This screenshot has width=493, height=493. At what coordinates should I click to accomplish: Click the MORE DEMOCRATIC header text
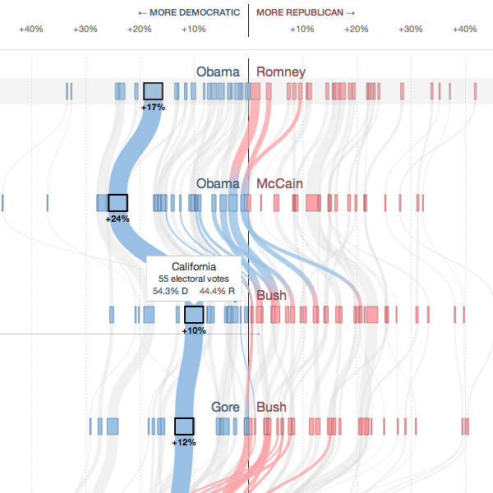click(x=189, y=12)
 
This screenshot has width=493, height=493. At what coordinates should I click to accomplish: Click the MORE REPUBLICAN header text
click(x=306, y=12)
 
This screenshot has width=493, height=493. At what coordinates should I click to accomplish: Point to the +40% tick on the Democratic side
click(x=31, y=30)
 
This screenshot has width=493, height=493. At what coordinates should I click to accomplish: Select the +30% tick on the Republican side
click(x=410, y=30)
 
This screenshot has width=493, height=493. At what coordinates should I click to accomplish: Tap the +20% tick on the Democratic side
click(x=139, y=30)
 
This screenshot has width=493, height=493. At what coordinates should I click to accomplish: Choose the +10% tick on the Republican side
click(x=302, y=30)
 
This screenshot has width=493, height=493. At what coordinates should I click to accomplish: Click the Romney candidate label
click(x=281, y=72)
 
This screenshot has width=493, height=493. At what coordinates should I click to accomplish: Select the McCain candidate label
click(x=281, y=183)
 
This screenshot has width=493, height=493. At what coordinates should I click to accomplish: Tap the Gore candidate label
click(x=226, y=407)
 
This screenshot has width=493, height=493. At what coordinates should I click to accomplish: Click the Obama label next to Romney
click(x=218, y=72)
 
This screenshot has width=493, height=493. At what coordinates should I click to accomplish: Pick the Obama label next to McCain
click(x=218, y=183)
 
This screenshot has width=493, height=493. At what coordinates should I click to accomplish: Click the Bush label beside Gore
click(x=271, y=407)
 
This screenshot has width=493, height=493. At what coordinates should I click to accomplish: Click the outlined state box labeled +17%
click(x=153, y=91)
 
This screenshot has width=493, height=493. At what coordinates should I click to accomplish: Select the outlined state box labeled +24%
click(x=118, y=203)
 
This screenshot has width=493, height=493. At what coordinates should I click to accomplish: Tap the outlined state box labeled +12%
click(x=184, y=426)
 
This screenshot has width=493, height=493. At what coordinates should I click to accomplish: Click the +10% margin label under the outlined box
click(x=194, y=330)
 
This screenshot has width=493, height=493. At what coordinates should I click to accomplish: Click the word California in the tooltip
click(x=194, y=267)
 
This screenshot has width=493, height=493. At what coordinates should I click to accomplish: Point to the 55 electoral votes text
click(x=194, y=279)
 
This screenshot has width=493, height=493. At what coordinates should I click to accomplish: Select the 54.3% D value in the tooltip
click(x=170, y=291)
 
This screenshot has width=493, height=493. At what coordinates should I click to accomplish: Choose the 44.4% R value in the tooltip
click(x=217, y=291)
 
